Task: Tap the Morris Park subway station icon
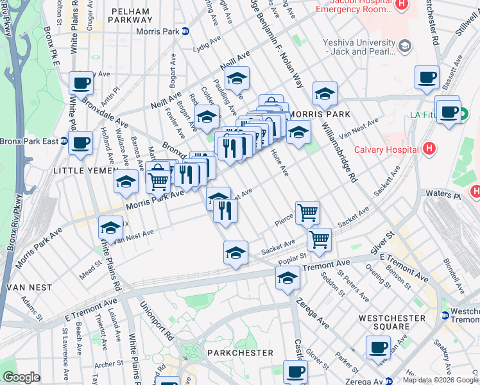click(x=185, y=31)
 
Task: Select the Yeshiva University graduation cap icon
click(x=404, y=46)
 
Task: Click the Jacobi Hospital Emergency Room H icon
click(x=402, y=4)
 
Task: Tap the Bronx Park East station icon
click(x=64, y=141)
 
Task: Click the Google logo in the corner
click(x=21, y=377)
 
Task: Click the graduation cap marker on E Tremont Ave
click(x=287, y=278)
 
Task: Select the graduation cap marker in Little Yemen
click(x=126, y=182)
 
